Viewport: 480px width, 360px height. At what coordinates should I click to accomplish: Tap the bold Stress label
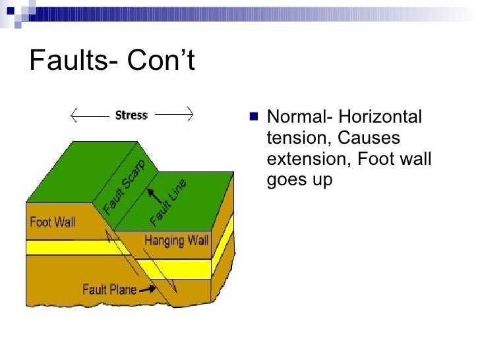pos(131,115)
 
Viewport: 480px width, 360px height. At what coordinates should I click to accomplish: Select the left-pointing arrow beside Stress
pos(90,115)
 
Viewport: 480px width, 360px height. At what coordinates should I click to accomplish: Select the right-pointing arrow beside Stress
pos(173,115)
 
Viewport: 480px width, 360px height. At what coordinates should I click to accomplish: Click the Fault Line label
pos(169,202)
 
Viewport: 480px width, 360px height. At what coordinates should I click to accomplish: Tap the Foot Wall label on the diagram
pos(53,222)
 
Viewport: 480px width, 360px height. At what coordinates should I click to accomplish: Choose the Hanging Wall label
pos(176,240)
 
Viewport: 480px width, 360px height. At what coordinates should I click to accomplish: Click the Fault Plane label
pos(109,288)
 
